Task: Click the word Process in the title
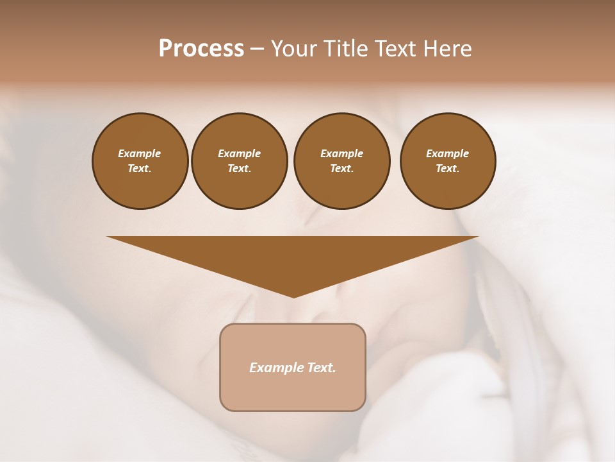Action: (201, 49)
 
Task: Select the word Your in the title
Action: (295, 49)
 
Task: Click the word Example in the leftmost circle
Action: (140, 153)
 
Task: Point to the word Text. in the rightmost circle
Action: (447, 168)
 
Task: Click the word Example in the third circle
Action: (341, 153)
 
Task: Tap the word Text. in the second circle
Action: (239, 168)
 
